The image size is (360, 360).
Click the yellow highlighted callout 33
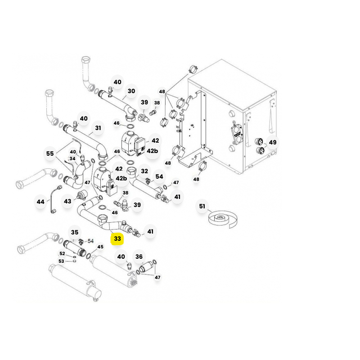(x=117, y=238)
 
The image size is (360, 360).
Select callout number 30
(x=131, y=91)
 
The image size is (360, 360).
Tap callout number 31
(x=98, y=128)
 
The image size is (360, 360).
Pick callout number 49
(x=273, y=142)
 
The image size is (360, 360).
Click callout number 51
(x=202, y=206)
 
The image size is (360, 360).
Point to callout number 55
(x=50, y=153)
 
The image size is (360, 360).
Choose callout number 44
(x=40, y=202)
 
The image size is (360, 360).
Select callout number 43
(x=67, y=201)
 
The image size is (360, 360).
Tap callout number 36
(x=139, y=256)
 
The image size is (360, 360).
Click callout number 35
(x=75, y=232)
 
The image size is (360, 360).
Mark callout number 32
(x=144, y=171)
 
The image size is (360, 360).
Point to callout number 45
(x=100, y=247)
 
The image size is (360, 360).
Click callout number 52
(x=62, y=253)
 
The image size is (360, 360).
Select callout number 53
(x=61, y=261)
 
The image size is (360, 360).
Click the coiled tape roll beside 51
(x=223, y=219)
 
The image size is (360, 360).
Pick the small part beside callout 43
(x=82, y=195)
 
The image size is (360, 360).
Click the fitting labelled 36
(x=145, y=268)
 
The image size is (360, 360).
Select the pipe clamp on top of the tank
(x=193, y=69)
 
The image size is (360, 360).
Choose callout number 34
(x=72, y=159)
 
